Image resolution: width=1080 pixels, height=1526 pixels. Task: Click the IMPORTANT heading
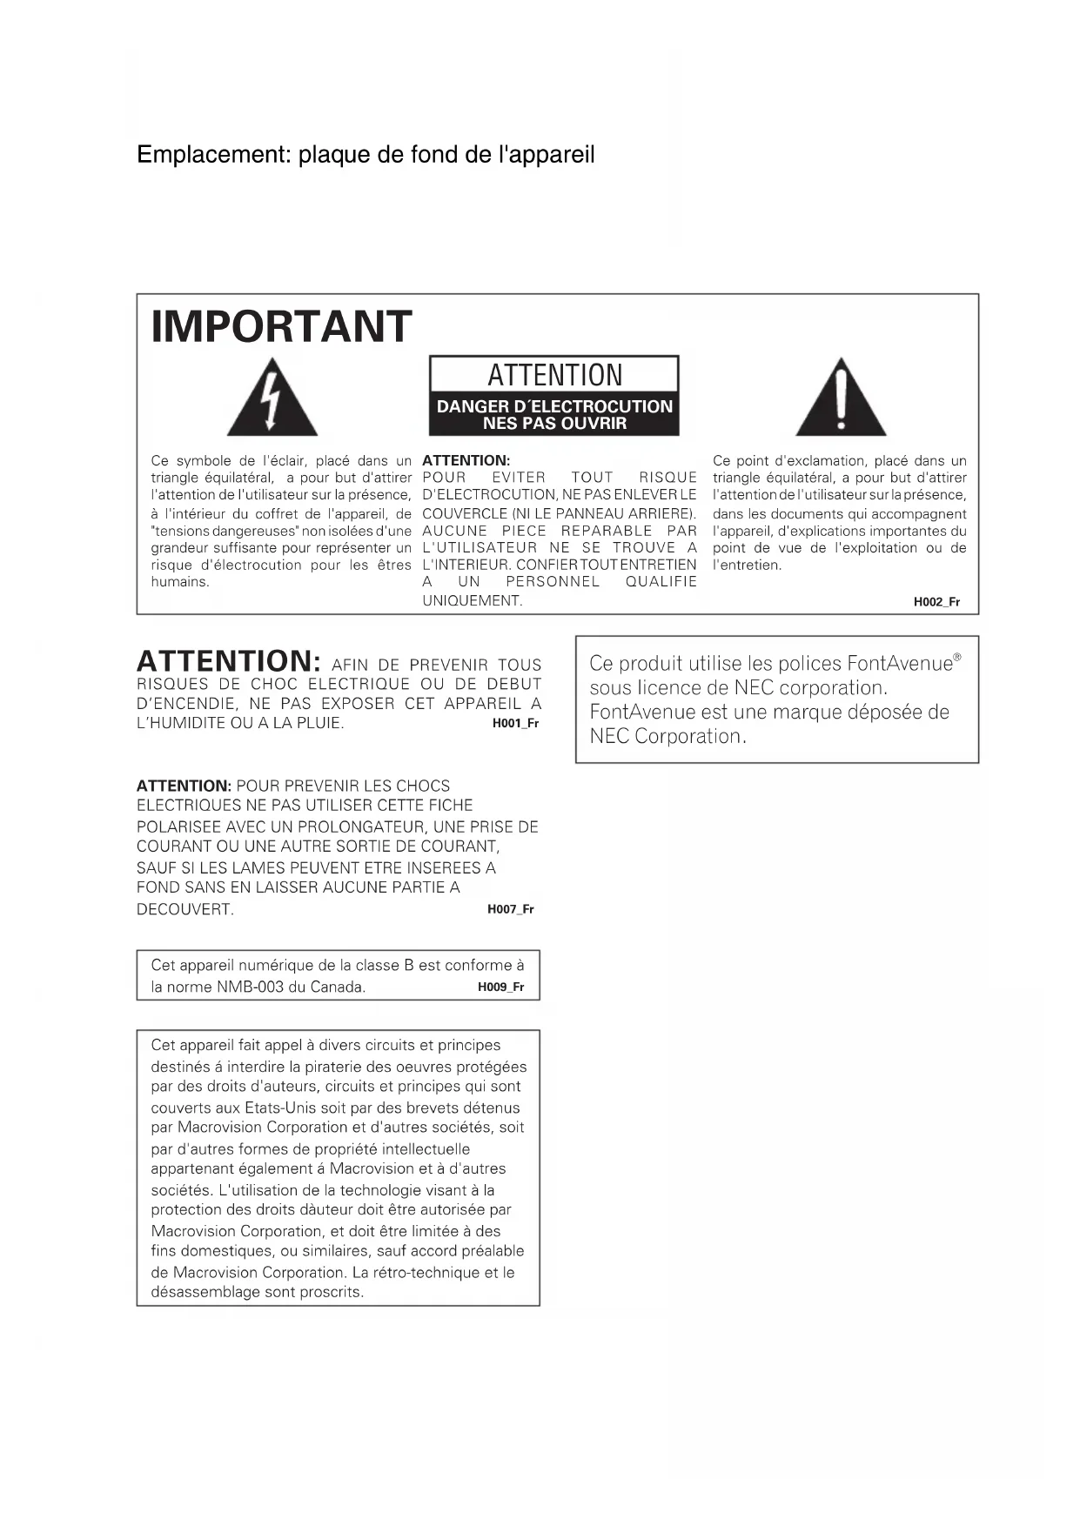[281, 327]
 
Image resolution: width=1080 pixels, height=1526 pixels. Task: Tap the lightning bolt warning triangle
[272, 399]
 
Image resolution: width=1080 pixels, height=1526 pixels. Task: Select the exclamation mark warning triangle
[841, 399]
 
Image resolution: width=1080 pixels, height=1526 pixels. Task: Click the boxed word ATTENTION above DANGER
[554, 375]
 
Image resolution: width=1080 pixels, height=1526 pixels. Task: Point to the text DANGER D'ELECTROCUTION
[554, 406]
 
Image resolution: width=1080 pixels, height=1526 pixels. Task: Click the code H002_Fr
[936, 602]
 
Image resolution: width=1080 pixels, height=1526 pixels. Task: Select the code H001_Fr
[515, 723]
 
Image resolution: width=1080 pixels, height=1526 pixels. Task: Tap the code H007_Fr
[510, 909]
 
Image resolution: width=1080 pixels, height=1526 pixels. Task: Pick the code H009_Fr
[500, 987]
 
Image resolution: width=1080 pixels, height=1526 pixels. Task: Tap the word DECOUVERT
[185, 910]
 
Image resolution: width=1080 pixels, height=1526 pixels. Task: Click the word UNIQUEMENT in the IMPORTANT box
[472, 600]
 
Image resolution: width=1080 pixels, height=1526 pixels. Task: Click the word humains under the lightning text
[180, 582]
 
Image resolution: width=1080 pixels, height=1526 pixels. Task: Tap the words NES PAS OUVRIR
[554, 424]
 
